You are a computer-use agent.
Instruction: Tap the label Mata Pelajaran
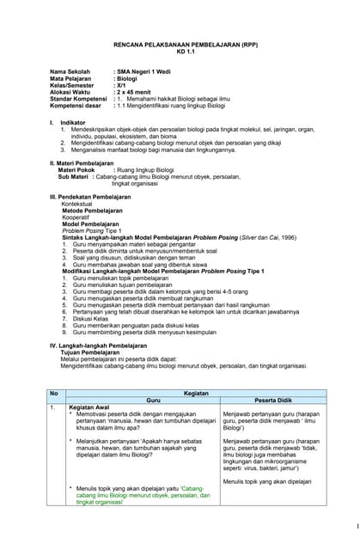(x=71, y=78)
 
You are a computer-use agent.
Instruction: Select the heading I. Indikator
(x=68, y=123)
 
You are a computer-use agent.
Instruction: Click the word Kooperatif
(x=76, y=217)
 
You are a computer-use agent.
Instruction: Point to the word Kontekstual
(x=78, y=204)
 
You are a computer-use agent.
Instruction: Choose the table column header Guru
(x=154, y=400)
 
